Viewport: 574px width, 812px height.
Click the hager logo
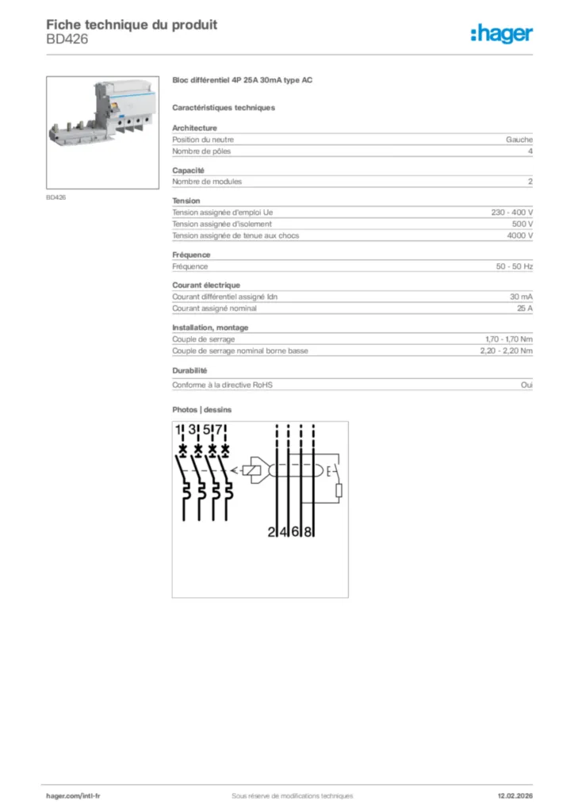(x=501, y=33)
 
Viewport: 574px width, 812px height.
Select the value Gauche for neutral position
(x=519, y=140)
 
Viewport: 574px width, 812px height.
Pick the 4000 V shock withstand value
(x=519, y=236)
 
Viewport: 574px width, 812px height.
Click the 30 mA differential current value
(x=521, y=297)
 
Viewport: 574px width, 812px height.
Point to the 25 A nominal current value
(x=524, y=308)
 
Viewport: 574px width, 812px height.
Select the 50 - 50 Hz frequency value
(x=515, y=266)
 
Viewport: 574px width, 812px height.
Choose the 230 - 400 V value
(x=512, y=213)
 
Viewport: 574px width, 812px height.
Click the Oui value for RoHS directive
(x=526, y=385)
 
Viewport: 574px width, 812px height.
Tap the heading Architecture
(x=194, y=128)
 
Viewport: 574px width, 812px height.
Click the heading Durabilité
(x=189, y=370)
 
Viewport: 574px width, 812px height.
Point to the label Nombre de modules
(x=207, y=182)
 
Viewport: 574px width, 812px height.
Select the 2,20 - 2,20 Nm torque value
(x=506, y=350)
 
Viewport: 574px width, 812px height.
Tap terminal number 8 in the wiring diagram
(x=308, y=532)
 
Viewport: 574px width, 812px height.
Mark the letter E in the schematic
(x=328, y=473)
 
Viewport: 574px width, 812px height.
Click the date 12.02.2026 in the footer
(x=509, y=795)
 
